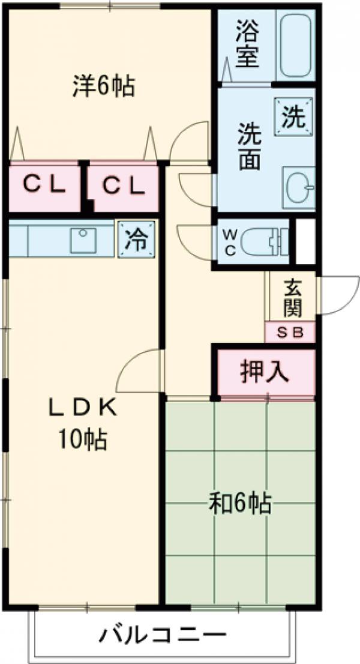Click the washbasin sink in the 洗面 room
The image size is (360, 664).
click(x=298, y=186)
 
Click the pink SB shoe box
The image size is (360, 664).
click(x=290, y=332)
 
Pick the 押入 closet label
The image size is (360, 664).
click(x=265, y=372)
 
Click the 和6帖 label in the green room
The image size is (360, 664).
click(x=240, y=503)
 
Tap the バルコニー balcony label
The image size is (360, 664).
click(x=163, y=634)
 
